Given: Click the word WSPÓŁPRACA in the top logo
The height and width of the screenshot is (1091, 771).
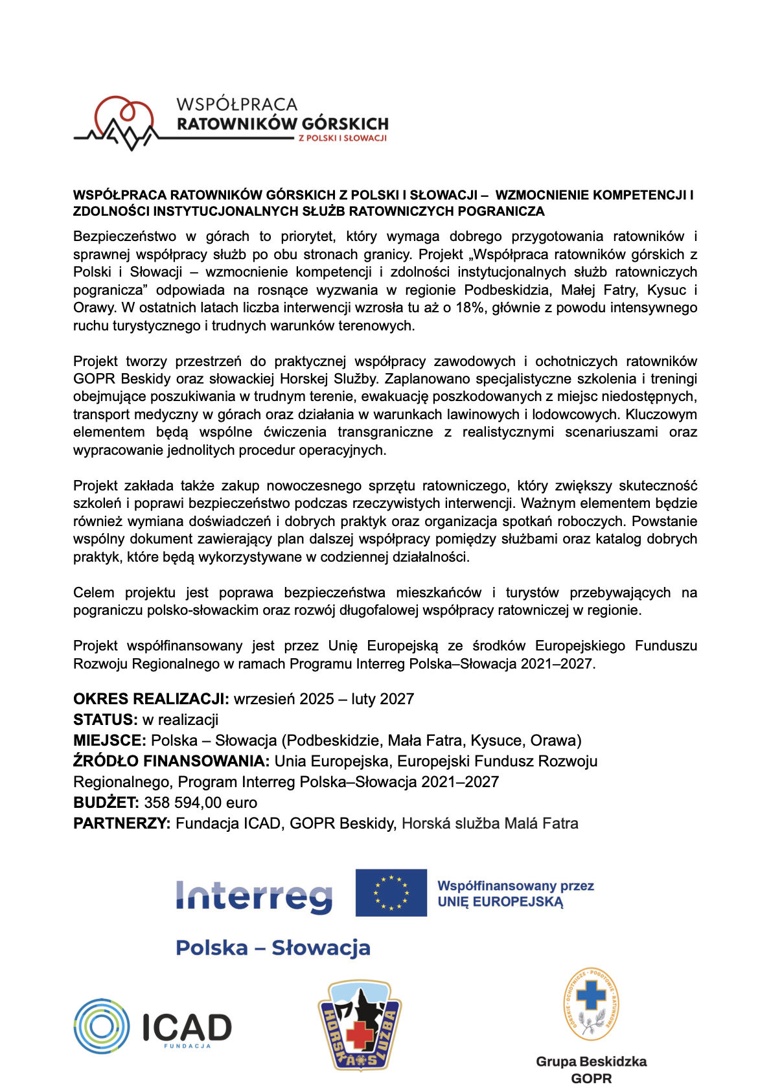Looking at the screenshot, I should click(x=236, y=104).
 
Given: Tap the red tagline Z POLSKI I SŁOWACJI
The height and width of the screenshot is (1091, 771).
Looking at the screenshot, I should click(x=342, y=138).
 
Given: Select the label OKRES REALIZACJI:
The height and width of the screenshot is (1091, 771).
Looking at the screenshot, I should click(x=151, y=699).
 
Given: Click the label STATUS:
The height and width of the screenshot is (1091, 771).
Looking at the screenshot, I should click(x=105, y=720).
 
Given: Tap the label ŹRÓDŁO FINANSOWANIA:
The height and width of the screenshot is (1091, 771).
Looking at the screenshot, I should click(x=172, y=761).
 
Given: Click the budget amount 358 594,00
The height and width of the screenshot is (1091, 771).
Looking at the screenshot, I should click(x=183, y=803).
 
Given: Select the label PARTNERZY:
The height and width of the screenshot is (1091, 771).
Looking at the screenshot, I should click(x=122, y=823).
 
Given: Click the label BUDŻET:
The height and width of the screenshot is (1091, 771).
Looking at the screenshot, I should click(x=106, y=803).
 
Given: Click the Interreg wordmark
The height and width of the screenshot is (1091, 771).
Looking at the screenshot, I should click(x=254, y=896).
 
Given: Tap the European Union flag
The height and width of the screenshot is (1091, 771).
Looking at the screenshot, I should click(x=391, y=893).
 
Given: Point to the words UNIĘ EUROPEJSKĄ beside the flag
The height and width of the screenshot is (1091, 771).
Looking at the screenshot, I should click(x=500, y=902).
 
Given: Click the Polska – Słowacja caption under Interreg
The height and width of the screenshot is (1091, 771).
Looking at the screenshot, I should click(x=273, y=948).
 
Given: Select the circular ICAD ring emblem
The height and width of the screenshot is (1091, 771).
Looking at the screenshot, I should click(x=102, y=1026).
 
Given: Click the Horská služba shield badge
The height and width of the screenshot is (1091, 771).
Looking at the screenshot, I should click(x=360, y=1025).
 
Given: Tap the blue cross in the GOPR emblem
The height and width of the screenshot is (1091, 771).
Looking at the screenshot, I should click(x=590, y=994).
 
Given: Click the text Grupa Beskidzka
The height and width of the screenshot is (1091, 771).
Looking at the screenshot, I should click(x=591, y=1062).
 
